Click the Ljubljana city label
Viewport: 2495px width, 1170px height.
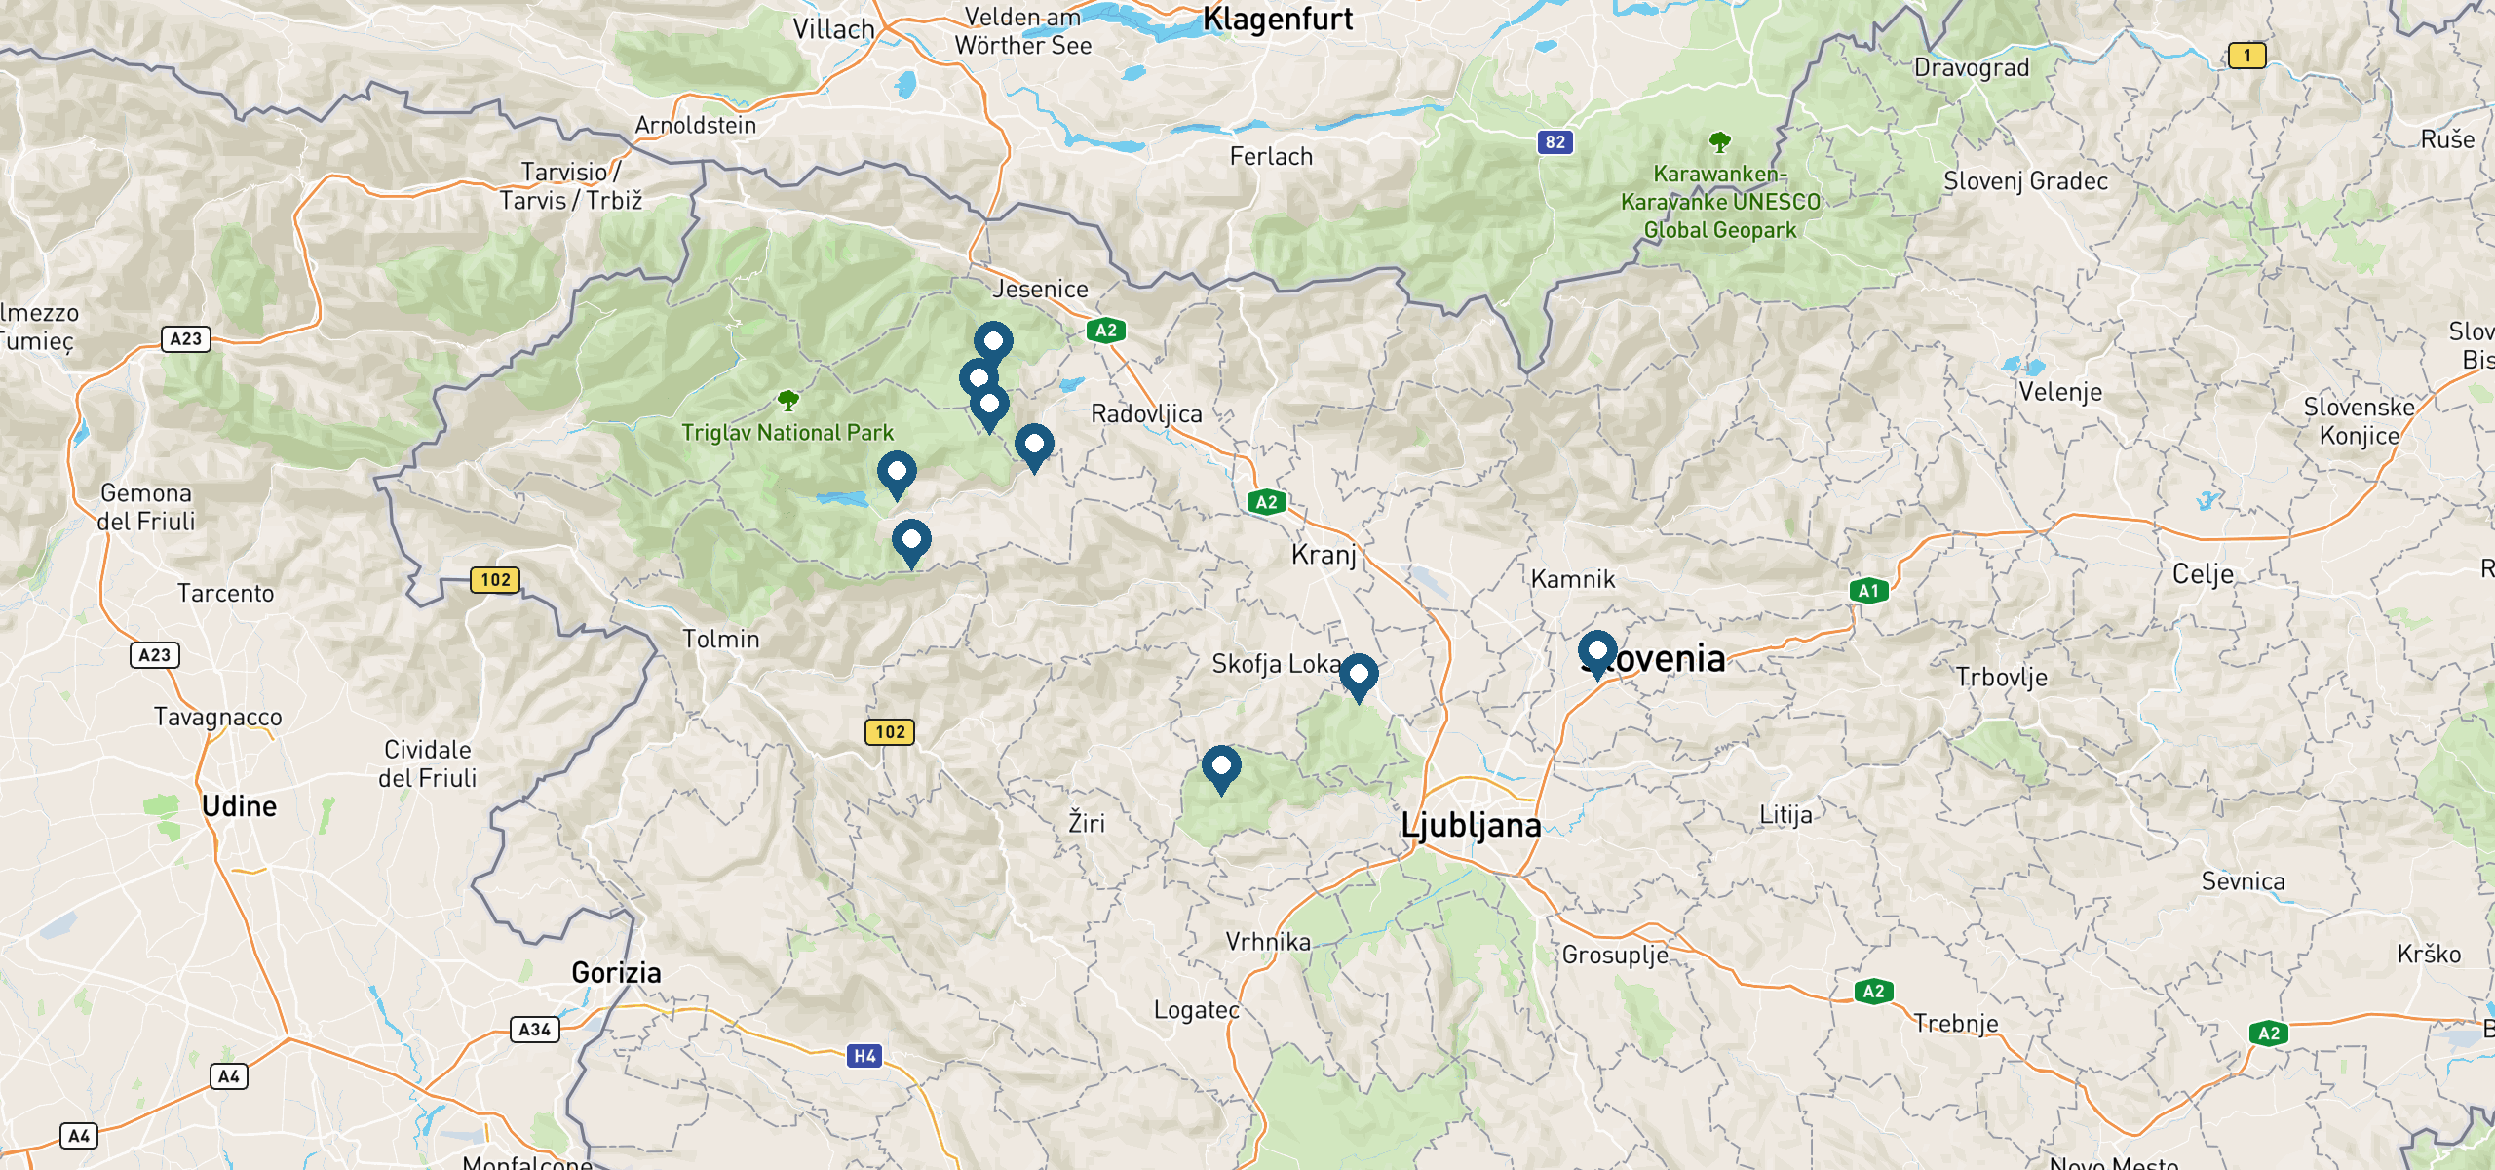coord(1471,826)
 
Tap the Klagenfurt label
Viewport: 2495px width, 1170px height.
coord(1278,19)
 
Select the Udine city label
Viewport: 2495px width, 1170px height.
coord(240,806)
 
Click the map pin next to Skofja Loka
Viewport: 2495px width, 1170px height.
coord(1359,674)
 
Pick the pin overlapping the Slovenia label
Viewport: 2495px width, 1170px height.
coord(1597,650)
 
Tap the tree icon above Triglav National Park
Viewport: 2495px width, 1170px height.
coord(788,400)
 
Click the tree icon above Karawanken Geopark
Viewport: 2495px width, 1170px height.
coord(1720,142)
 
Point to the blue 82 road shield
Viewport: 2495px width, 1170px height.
coord(1555,142)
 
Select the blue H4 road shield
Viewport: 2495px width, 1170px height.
coord(864,1056)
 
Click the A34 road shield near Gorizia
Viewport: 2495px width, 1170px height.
coord(535,1030)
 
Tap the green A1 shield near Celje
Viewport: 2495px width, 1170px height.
coord(1868,591)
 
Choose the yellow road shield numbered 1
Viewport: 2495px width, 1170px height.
coord(2247,56)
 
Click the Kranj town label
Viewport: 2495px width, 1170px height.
coord(1324,555)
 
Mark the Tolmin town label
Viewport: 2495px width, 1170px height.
coord(720,640)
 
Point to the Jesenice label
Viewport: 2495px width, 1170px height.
coord(1040,290)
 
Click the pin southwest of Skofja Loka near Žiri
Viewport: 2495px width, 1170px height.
coord(1221,766)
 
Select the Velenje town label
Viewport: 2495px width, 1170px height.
coord(2060,392)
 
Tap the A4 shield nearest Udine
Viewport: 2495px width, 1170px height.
coord(229,1076)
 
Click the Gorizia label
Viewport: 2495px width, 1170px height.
coord(616,972)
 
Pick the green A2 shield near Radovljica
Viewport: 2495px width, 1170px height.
coord(1106,331)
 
